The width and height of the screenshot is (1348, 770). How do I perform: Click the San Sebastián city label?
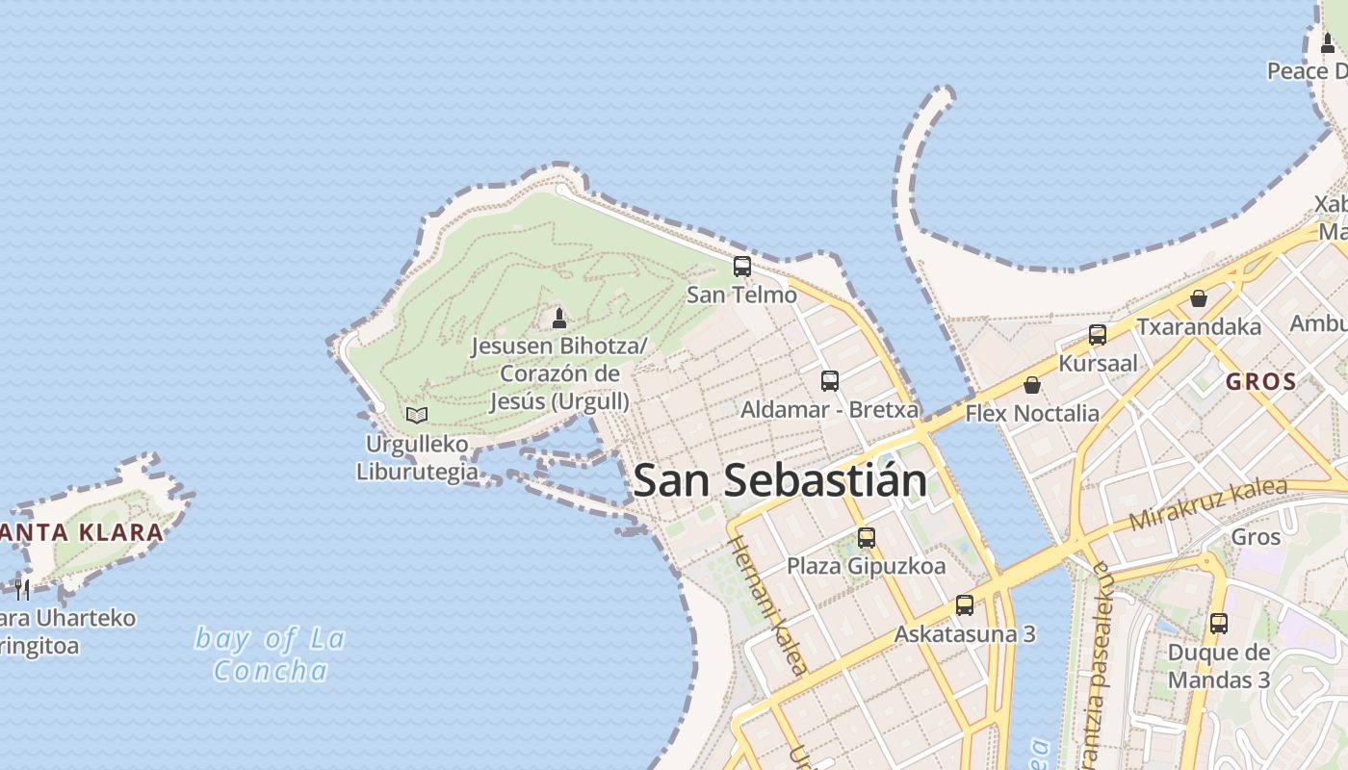(780, 480)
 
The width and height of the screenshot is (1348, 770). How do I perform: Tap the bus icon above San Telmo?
(742, 267)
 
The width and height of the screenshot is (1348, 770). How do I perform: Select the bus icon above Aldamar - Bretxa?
(830, 380)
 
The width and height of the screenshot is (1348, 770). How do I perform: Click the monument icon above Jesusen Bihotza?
(558, 318)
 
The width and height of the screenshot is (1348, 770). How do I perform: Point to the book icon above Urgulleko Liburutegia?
(417, 415)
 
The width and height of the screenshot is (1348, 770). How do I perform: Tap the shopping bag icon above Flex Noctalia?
(1032, 385)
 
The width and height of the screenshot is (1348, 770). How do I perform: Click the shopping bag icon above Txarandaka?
(1199, 298)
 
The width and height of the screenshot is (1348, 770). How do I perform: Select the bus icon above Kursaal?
(1098, 335)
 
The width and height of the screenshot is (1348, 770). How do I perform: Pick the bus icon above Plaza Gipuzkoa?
(867, 537)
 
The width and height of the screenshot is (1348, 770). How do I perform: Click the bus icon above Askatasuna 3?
(965, 605)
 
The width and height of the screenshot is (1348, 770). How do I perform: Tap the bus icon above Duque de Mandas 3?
(1219, 623)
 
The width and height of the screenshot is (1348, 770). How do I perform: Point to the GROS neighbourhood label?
(1261, 381)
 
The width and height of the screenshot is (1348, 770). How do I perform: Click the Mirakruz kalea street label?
(1207, 502)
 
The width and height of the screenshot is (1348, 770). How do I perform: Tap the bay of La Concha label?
(271, 654)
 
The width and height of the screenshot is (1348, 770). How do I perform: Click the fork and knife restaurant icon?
(21, 588)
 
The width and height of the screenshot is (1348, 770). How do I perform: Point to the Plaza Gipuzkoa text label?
(867, 566)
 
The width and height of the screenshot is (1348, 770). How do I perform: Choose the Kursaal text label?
(1098, 364)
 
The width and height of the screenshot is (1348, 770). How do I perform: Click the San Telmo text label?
(741, 295)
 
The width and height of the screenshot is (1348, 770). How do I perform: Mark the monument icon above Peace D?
(1328, 42)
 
